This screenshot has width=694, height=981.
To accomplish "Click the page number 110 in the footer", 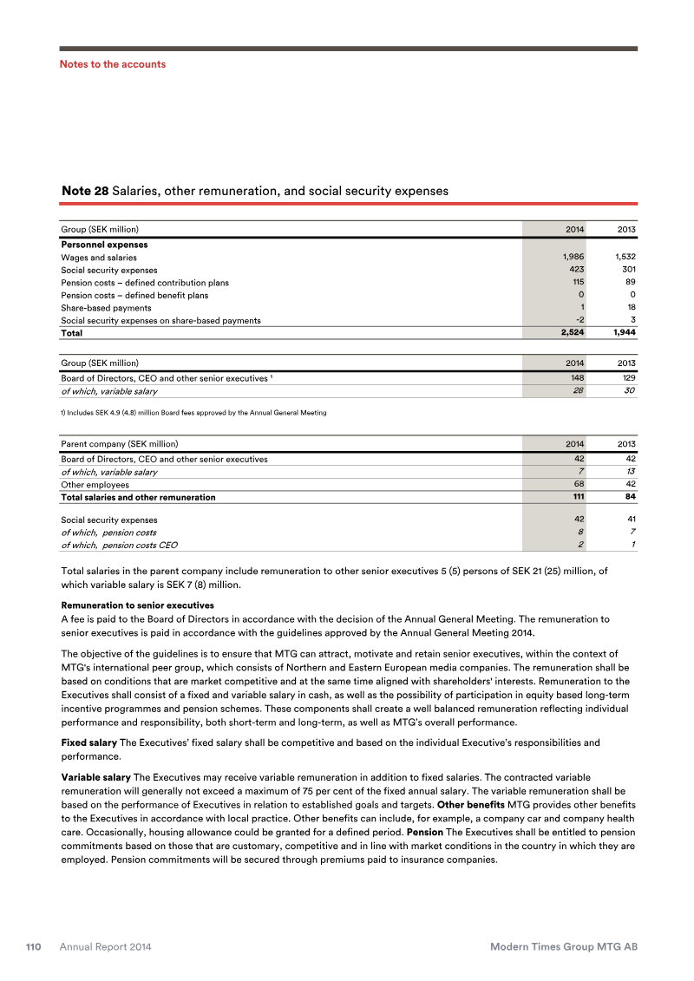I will click(34, 947).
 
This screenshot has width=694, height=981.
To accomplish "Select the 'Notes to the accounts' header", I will click(112, 64).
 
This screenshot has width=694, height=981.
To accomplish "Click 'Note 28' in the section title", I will click(84, 190).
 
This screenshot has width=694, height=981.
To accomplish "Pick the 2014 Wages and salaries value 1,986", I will click(573, 258).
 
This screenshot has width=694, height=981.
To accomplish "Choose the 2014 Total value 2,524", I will click(570, 333).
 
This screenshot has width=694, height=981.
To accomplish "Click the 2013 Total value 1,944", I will click(622, 333).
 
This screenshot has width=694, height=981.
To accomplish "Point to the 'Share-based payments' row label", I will click(106, 308).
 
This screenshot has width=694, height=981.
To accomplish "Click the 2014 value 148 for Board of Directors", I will click(576, 379).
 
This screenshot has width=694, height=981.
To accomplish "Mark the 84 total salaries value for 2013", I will click(630, 497).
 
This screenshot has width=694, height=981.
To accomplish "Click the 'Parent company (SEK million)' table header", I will click(119, 444).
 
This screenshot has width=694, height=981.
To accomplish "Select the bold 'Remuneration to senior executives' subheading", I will click(137, 605).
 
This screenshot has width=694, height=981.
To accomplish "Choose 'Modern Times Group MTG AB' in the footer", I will click(564, 947).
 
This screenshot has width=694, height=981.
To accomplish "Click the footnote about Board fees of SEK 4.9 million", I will click(193, 412).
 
